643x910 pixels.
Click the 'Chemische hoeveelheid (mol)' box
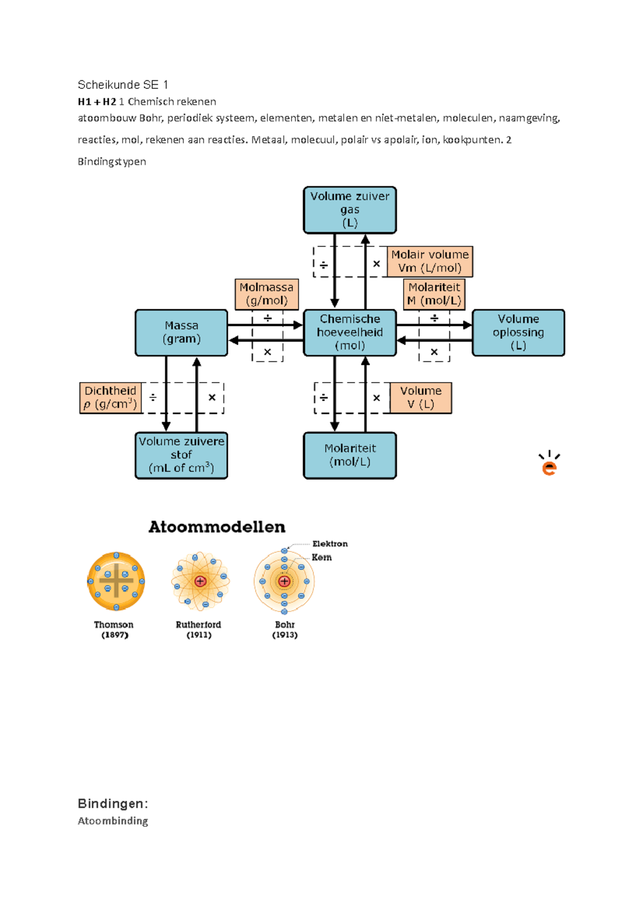350,332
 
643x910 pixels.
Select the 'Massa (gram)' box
182,332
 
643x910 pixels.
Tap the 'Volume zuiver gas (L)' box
350,210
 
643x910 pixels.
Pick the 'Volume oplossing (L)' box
518,332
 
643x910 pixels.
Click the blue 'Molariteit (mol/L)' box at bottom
350,455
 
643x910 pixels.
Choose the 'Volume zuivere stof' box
182,455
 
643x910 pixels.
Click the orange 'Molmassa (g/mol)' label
266,294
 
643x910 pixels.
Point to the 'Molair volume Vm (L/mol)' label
430,262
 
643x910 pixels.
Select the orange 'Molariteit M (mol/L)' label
434,294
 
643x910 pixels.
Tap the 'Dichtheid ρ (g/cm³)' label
110,398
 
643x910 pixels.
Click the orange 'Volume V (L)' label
421,398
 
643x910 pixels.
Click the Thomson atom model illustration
116,581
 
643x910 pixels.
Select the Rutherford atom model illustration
200,581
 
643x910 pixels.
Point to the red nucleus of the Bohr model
284,581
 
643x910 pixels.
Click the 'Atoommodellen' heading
217,527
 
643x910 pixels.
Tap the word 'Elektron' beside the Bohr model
330,544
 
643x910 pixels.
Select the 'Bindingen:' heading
113,803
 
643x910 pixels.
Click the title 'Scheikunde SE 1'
123,85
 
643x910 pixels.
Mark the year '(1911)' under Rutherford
199,635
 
